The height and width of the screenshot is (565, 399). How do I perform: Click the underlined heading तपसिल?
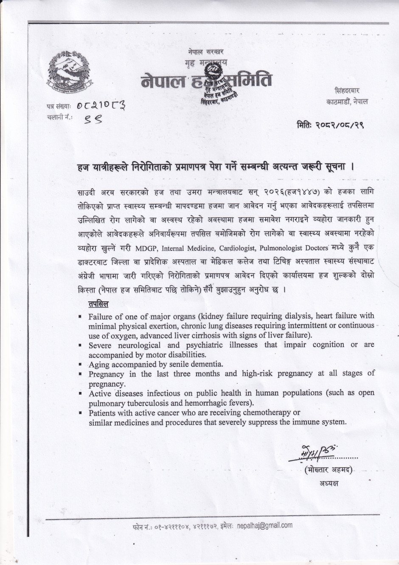point(98,304)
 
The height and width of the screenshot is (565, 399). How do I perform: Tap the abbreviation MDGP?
point(146,247)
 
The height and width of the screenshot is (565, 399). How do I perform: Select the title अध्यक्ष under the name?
point(329,483)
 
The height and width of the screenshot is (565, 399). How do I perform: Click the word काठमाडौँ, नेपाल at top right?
point(347,102)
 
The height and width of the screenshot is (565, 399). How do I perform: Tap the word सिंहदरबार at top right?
point(347,91)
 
